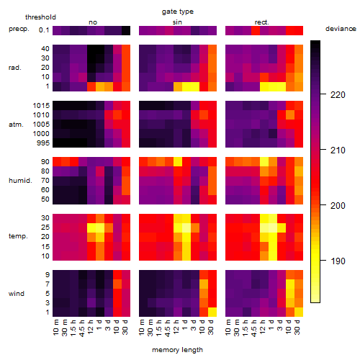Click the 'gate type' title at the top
pos(178,12)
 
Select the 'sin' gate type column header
pos(177,22)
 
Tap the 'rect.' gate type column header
pos(261,22)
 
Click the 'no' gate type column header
pos(93,22)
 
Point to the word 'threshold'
pos(40,17)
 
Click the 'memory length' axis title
pos(177,350)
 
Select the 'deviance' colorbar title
pos(341,29)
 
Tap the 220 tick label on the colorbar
pos(338,95)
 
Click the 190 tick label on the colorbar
pos(338,261)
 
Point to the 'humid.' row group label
pos(20,181)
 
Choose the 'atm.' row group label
pos(16,125)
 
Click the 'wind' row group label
pos(17,294)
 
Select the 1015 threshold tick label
pos(41,106)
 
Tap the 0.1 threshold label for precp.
pos(44,30)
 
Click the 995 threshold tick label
pos(43,143)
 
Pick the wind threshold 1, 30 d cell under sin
pos(212,312)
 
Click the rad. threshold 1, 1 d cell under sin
pos(186,86)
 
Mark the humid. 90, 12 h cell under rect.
pos(264,162)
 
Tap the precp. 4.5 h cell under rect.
pos(256,30)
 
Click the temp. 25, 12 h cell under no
pos(91,228)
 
